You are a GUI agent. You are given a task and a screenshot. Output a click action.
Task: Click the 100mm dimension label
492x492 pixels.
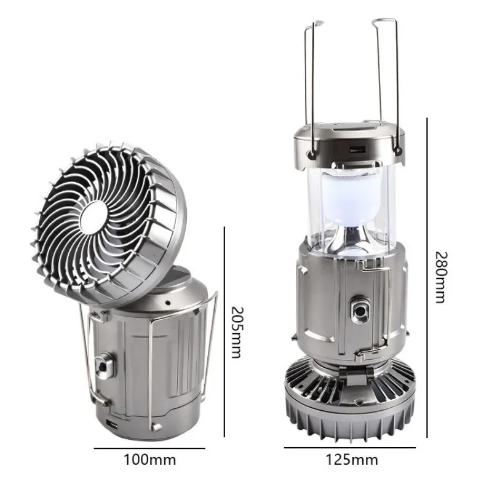point(150,460)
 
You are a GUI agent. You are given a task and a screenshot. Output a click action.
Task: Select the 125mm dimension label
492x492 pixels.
point(352,460)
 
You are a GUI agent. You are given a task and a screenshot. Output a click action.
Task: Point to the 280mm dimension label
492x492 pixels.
point(441,277)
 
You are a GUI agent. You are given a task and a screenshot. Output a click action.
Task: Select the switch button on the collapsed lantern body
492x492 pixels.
point(103,365)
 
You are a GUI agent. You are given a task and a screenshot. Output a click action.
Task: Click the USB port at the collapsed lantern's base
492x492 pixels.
point(113,425)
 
